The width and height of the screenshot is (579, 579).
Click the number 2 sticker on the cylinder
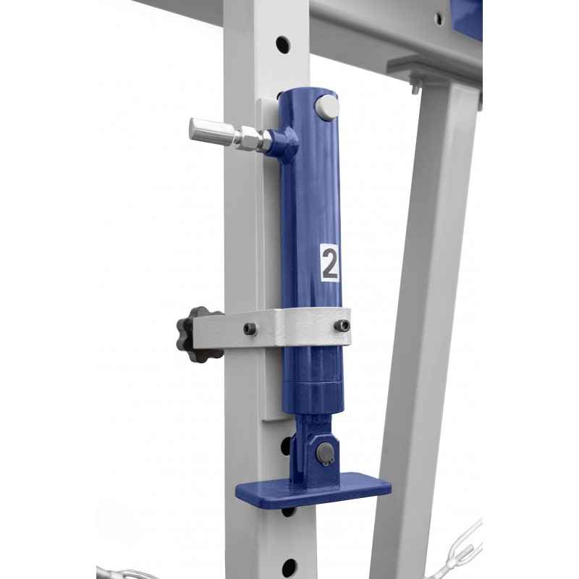point(329,263)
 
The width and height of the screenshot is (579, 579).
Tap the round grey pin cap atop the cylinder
point(328,106)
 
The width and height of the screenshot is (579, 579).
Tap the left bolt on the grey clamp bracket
point(250,329)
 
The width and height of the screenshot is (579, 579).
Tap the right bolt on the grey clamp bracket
point(342,325)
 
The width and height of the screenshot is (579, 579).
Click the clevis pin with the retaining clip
point(324,453)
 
